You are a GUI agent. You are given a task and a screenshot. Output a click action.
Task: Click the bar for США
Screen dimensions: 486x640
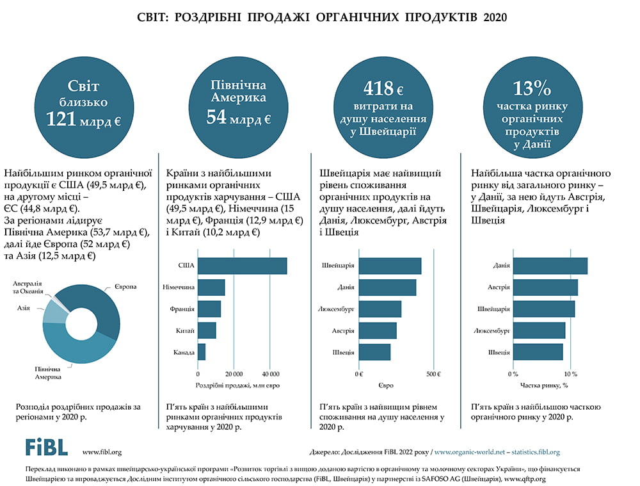(x=243, y=266)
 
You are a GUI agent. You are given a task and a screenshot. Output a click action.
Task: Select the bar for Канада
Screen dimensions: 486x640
(x=202, y=353)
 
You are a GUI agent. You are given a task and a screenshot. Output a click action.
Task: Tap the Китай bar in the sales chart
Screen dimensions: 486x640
(x=207, y=331)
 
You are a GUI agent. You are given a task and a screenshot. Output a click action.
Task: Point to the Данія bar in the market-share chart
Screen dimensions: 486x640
(x=550, y=266)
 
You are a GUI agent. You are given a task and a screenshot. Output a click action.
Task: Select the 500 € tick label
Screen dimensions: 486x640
(x=434, y=374)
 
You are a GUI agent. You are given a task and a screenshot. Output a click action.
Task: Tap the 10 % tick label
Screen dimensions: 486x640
(x=570, y=374)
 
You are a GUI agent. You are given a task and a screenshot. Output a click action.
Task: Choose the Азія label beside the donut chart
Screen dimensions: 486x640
(x=24, y=309)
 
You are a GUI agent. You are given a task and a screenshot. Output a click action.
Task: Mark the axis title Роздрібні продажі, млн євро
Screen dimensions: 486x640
(x=238, y=385)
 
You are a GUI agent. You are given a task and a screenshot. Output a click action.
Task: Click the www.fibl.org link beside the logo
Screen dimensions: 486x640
(x=102, y=452)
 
